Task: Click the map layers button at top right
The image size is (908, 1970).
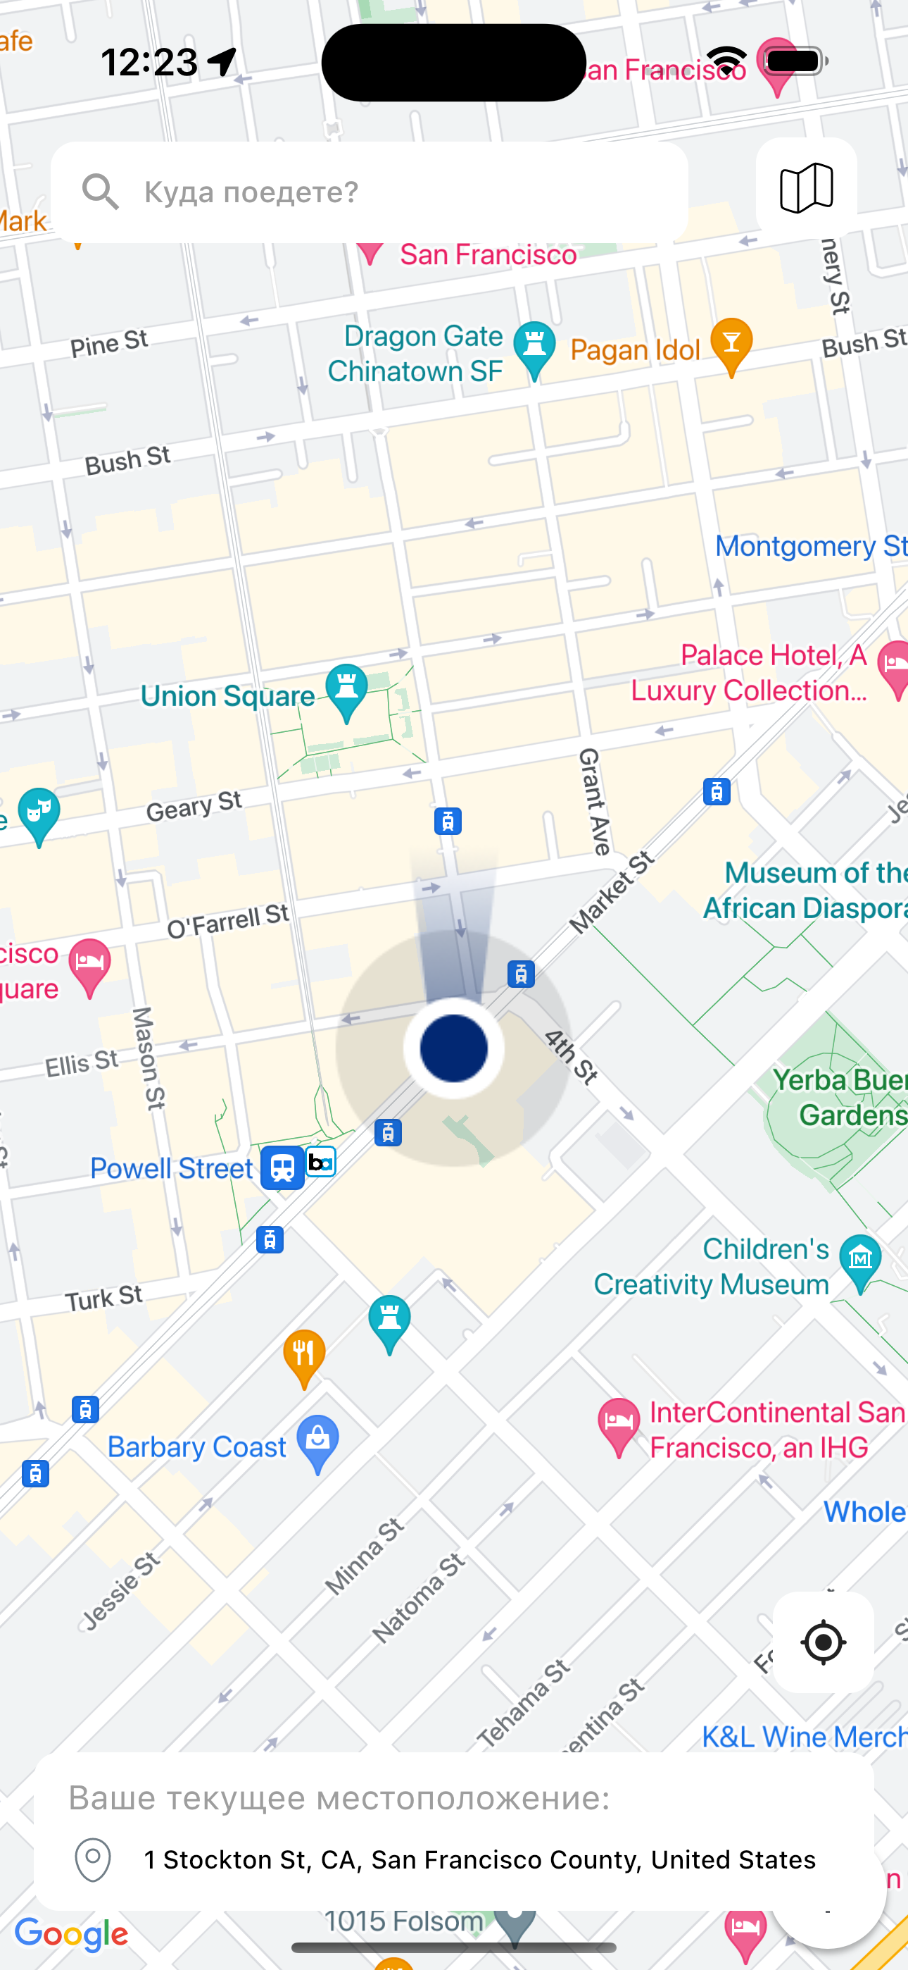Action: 805,188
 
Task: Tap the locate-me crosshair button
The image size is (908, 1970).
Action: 823,1642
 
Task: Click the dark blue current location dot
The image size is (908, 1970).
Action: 454,1048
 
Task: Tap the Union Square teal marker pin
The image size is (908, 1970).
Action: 346,690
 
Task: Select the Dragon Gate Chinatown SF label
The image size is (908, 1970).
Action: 417,353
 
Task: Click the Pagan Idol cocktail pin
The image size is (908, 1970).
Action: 731,345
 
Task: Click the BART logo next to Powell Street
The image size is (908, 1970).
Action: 321,1163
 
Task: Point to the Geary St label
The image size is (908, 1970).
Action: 194,806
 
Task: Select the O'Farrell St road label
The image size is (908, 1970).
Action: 228,921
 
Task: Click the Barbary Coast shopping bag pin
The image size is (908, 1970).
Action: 318,1442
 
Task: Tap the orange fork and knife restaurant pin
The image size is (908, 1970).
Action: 304,1357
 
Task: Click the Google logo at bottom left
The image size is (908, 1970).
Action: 71,1935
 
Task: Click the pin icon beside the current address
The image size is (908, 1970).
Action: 93,1859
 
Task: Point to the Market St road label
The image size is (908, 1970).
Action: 612,893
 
